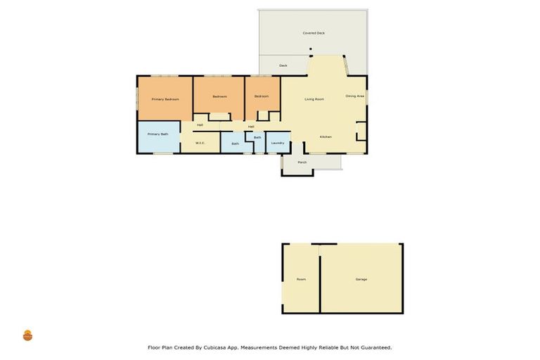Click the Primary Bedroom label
pos(165,99)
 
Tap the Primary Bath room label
pos(157,134)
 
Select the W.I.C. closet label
pos(200,143)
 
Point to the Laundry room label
pos(278,143)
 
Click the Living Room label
pos(314,99)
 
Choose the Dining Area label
pos(355,96)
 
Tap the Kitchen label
pos(326,136)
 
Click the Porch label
pos(302,162)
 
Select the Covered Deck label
pos(314,33)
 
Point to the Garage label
pos(361,279)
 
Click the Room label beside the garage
pos(301,279)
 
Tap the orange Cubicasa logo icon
pos(27,335)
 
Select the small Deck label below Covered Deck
pos(283,65)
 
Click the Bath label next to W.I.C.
pos(235,143)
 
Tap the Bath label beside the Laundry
pos(257,137)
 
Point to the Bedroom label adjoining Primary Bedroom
pos(219,96)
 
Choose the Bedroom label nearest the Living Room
pos(262,96)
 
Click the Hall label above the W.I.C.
pos(200,125)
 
